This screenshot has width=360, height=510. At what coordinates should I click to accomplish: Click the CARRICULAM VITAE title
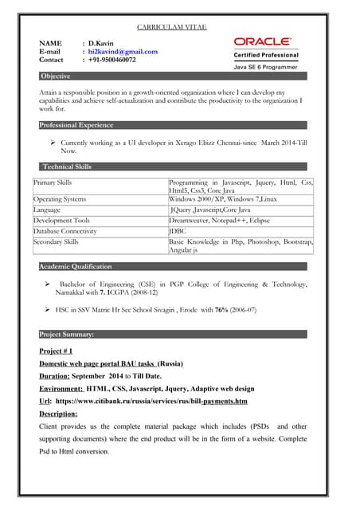pyautogui.click(x=172, y=27)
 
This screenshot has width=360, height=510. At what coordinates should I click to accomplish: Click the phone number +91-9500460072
pyautogui.click(x=112, y=60)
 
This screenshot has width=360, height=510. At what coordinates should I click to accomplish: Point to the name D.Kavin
pyautogui.click(x=102, y=42)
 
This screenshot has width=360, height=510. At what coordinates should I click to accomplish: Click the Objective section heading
pyautogui.click(x=56, y=76)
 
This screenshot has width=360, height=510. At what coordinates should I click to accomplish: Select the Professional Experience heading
pyautogui.click(x=78, y=126)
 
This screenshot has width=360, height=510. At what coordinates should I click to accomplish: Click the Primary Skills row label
pyautogui.click(x=53, y=182)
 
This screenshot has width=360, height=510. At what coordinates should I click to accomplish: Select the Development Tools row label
pyautogui.click(x=61, y=220)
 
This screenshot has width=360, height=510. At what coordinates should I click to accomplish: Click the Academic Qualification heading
pyautogui.click(x=76, y=267)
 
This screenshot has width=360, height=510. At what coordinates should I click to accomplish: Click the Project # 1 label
pyautogui.click(x=56, y=351)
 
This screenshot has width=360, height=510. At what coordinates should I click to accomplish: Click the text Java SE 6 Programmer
pyautogui.click(x=265, y=68)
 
